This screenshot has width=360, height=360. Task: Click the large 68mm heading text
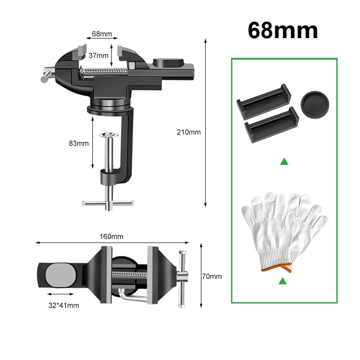283,31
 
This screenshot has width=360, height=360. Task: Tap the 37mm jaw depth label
98,56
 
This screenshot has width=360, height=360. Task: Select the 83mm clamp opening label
78,143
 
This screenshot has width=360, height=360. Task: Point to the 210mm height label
188,132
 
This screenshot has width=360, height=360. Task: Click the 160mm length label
112,236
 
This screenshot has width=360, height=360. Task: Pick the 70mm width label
212,276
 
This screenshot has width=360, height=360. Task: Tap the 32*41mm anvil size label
64,305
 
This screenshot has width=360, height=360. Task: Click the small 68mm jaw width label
102,34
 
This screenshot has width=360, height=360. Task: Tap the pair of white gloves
284,230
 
